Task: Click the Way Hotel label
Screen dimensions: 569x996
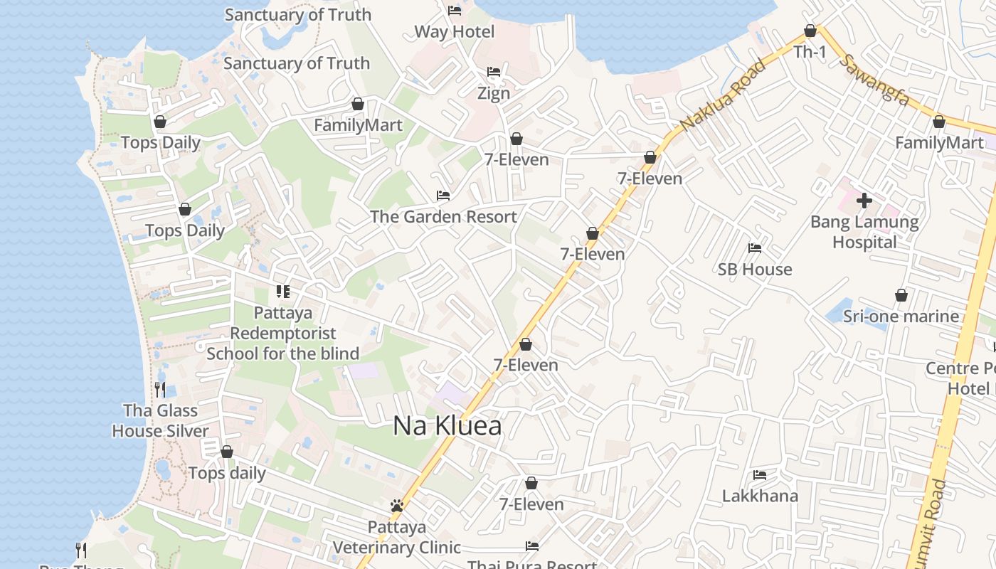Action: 454,32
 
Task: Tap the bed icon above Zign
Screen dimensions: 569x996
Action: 494,72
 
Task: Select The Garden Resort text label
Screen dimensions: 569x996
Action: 443,216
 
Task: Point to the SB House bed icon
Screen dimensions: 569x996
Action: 755,248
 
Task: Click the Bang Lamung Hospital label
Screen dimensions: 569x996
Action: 864,232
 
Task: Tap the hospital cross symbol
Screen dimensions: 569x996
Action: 864,201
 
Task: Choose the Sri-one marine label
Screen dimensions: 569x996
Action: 901,316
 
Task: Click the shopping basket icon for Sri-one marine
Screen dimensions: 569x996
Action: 901,295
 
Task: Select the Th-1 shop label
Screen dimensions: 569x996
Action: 810,52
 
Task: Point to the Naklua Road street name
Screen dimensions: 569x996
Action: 723,94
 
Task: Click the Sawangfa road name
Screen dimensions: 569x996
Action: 874,79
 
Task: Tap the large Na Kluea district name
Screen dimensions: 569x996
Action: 447,426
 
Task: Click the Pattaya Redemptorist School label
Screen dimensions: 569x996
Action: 282,333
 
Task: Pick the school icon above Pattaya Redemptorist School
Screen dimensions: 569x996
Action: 283,292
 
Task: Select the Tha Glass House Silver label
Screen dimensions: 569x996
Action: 160,420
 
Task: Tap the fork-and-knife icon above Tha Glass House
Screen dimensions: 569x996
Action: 160,389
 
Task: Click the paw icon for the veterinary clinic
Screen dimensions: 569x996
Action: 397,506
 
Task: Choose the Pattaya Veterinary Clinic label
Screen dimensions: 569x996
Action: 397,537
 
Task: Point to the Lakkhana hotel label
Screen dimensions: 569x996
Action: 760,496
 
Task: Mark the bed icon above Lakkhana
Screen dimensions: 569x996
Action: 760,475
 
